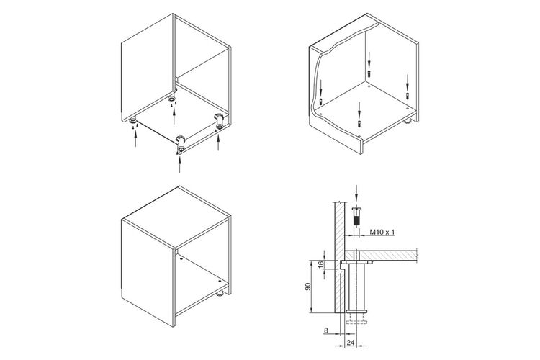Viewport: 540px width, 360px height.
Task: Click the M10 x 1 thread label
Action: [382, 232]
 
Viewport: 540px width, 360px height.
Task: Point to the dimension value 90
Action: [308, 287]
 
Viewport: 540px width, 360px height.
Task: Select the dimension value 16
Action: [320, 264]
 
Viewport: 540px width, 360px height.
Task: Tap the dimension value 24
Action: [351, 343]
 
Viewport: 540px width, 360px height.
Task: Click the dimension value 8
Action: [325, 330]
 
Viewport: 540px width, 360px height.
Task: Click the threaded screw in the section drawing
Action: [356, 216]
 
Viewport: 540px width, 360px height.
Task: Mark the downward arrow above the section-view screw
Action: [356, 195]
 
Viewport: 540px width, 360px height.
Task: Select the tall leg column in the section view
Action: [356, 287]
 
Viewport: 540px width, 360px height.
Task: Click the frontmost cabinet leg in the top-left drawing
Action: [181, 144]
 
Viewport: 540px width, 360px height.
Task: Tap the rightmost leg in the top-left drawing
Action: [220, 122]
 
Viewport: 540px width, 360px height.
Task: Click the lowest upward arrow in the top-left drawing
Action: [179, 163]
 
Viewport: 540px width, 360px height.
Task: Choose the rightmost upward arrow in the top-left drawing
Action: [217, 142]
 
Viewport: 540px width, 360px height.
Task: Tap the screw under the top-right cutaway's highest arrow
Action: [369, 73]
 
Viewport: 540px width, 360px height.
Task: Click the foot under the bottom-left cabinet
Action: [220, 294]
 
